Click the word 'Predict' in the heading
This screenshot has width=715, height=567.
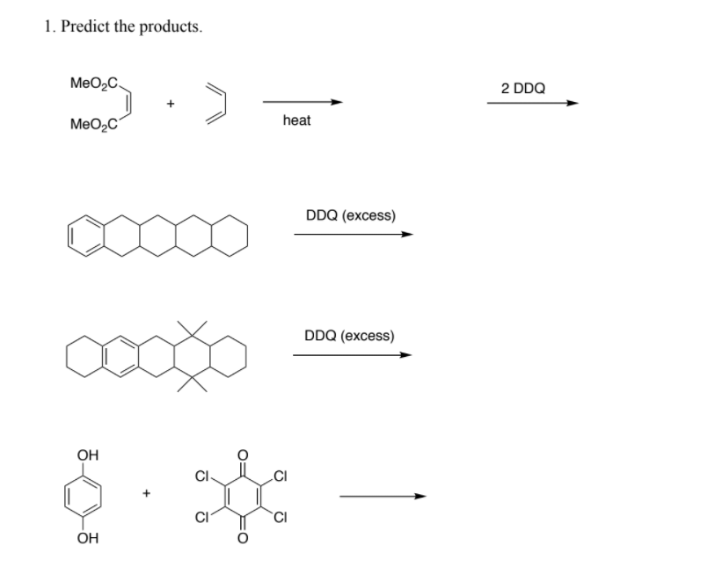[85, 26]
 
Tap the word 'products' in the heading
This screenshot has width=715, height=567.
[171, 27]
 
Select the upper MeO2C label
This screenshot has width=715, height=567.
[93, 84]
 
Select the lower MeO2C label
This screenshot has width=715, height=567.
[93, 125]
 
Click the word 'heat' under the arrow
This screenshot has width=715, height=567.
[296, 120]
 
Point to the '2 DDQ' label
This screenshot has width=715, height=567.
[523, 88]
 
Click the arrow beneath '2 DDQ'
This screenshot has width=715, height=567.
[533, 103]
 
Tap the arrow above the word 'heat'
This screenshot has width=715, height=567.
[303, 102]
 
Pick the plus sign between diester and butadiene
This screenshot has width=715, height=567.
[170, 104]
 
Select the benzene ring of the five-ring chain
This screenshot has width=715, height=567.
[85, 236]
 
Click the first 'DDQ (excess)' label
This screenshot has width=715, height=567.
[351, 215]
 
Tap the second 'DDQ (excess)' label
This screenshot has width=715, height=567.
[349, 336]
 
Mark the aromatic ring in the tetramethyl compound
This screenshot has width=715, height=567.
[120, 356]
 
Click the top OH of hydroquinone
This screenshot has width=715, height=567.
[88, 454]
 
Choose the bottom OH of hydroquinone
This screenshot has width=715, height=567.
[88, 538]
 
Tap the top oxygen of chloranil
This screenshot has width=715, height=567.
[243, 454]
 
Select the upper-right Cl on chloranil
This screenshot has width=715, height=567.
[280, 476]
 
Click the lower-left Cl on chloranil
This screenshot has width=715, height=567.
[202, 518]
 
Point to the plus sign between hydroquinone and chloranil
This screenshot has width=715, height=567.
[146, 492]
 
